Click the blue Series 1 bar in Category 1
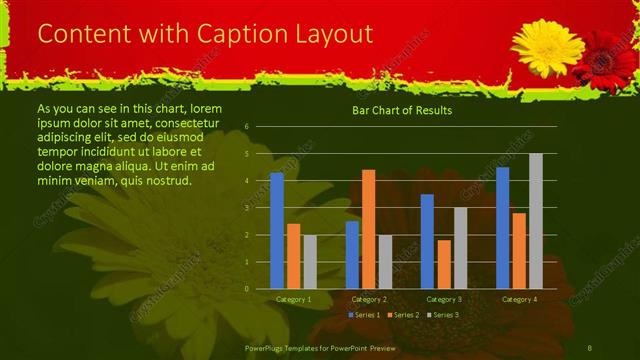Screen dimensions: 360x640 coord(277,230)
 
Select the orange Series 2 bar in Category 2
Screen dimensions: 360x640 coord(368,229)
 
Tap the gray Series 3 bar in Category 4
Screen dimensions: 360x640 coord(536,221)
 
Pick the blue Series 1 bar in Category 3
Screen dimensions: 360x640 coord(427,241)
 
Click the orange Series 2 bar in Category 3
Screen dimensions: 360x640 coord(443,264)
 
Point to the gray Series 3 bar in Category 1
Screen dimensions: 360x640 coord(310,262)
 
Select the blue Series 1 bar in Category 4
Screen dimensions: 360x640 coord(502,227)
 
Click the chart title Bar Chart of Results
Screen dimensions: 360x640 coord(402,111)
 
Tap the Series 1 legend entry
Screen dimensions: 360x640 coord(363,315)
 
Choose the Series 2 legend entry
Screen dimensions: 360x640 coord(402,315)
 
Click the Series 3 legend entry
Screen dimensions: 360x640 coord(441,315)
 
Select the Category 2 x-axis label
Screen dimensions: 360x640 coord(368,299)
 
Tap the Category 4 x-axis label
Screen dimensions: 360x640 coord(518,299)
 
